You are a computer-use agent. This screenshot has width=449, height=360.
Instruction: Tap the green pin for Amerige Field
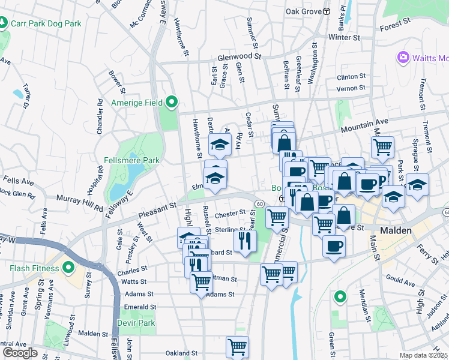tap(173, 103)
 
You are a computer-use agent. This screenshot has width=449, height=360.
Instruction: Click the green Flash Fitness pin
tap(67, 267)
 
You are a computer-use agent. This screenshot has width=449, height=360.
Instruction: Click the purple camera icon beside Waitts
tap(402, 58)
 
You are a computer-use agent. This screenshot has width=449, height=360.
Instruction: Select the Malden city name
tap(395, 230)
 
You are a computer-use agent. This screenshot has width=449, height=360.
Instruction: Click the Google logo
tap(20, 352)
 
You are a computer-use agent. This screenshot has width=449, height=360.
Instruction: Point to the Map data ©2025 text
tap(423, 355)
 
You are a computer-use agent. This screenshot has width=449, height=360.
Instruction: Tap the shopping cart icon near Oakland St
tap(237, 346)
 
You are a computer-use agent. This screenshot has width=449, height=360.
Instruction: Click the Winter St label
tap(343, 37)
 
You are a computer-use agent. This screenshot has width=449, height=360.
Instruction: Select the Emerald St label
tap(140, 307)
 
